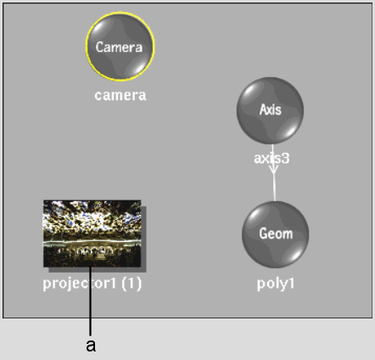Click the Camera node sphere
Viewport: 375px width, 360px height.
coord(120,47)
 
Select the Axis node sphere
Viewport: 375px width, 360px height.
coord(270,110)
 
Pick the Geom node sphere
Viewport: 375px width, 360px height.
coord(276,234)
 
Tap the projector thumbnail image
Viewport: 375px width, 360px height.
coord(92,233)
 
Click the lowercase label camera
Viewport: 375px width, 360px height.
coord(120,95)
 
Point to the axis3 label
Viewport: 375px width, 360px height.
coord(271,158)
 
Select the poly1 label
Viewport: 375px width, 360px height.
coord(276,284)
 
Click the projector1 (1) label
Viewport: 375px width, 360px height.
coord(92,284)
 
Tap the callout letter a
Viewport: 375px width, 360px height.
coord(91,346)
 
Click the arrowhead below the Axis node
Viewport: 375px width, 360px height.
coord(273,169)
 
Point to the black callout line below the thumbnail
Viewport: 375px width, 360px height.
coord(91,301)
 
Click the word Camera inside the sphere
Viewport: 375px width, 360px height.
coord(119,47)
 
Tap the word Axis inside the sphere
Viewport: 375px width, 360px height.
coord(271,110)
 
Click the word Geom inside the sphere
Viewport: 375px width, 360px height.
coord(276,233)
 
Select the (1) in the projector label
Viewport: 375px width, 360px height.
coord(132,284)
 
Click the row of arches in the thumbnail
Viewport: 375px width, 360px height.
coord(92,251)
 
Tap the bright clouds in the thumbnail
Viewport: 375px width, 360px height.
coord(92,219)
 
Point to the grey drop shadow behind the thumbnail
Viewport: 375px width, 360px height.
coord(143,239)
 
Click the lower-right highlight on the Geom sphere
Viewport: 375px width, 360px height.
coord(295,253)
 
